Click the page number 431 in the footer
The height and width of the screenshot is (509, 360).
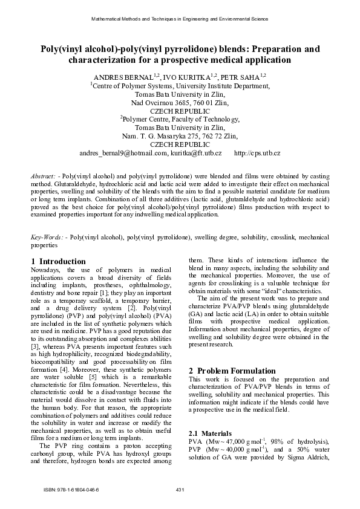pyautogui.click(x=180, y=488)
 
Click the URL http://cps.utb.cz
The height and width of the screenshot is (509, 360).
pyautogui.click(x=257, y=154)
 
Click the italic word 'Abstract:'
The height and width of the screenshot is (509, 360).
pyautogui.click(x=44, y=176)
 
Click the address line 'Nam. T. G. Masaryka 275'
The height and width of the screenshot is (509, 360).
pyautogui.click(x=180, y=137)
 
